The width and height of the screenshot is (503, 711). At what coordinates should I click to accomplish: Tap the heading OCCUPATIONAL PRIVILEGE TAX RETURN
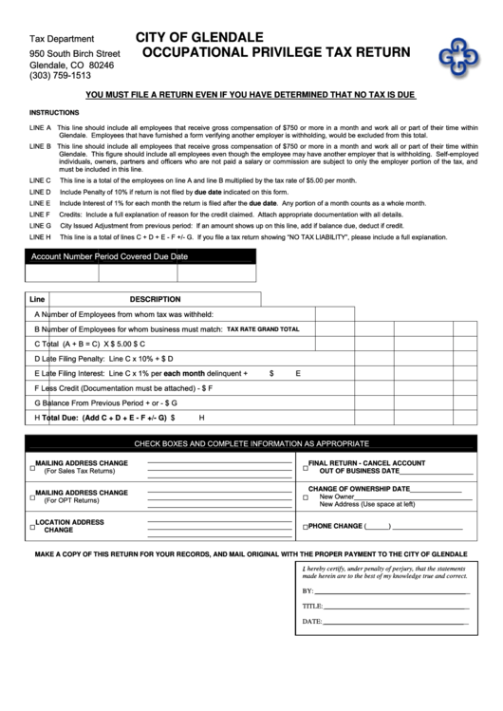coord(276,53)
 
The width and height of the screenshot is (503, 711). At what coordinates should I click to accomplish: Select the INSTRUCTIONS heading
coord(54,111)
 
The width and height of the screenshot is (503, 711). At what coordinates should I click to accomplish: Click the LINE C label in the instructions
coord(41,179)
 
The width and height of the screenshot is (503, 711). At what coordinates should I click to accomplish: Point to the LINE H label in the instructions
coord(41,236)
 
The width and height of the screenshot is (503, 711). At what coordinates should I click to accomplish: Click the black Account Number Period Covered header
coord(110,256)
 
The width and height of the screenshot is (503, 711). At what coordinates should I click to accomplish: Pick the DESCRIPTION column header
coord(155,298)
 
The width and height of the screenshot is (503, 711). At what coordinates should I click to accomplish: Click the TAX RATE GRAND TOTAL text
coord(263,329)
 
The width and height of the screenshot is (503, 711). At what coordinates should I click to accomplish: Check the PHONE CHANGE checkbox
coord(306,527)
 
